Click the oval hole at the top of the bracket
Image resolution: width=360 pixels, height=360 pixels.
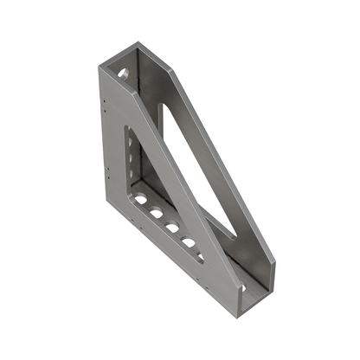124,74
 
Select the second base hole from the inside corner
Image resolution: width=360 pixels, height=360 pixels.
156,212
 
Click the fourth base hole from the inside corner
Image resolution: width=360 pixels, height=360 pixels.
188,242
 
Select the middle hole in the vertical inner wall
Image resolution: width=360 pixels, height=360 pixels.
131,159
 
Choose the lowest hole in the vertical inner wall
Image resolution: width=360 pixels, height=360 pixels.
132,179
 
